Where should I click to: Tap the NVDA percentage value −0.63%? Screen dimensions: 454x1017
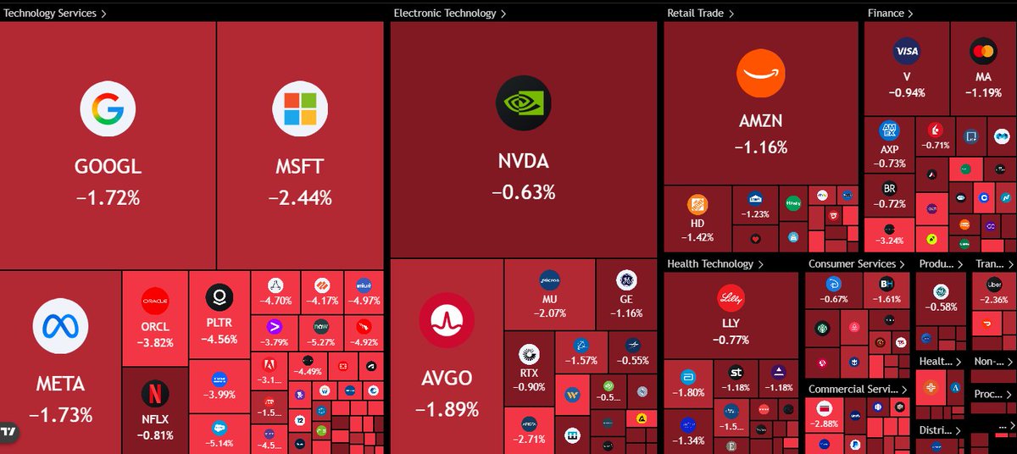(x=523, y=192)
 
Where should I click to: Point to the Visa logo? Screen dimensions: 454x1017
(x=906, y=52)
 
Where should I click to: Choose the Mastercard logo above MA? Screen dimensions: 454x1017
(x=983, y=52)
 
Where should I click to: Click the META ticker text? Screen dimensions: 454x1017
(x=60, y=384)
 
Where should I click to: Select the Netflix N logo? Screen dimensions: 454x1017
(x=155, y=394)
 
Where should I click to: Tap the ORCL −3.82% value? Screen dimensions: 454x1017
(x=155, y=343)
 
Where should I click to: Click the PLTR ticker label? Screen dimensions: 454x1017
(x=219, y=323)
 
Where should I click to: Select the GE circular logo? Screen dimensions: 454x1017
(x=625, y=280)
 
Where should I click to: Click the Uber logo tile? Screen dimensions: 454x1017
(x=993, y=285)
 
